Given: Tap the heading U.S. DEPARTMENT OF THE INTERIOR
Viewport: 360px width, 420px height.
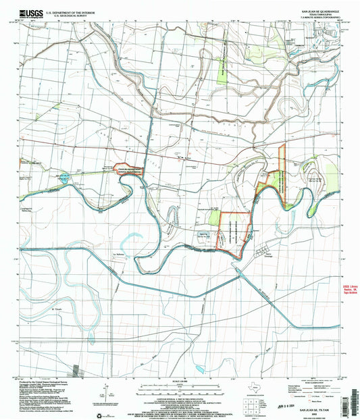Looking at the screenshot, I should tap(68, 11).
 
